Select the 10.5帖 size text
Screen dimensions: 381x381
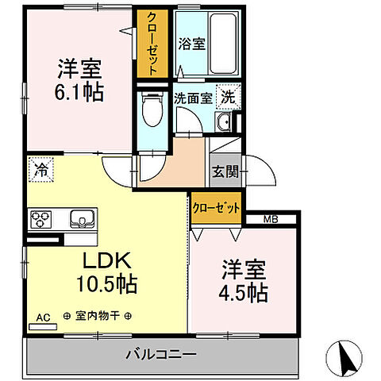pyautogui.click(x=106, y=283)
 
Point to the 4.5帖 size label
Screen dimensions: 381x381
pyautogui.click(x=244, y=293)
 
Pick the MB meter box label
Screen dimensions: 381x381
pyautogui.click(x=271, y=217)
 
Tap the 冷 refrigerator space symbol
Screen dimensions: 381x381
pyautogui.click(x=39, y=168)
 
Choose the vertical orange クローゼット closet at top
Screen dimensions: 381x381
pyautogui.click(x=152, y=44)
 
